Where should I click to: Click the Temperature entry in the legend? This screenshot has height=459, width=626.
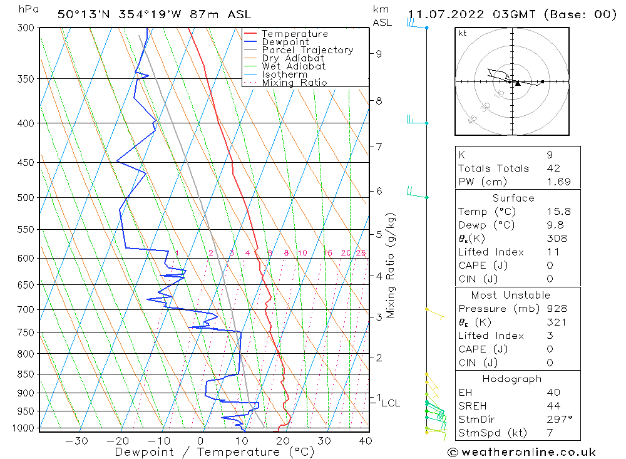(294, 34)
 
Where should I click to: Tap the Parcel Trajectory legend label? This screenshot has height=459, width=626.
(307, 50)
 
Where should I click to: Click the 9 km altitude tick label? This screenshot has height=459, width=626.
(379, 54)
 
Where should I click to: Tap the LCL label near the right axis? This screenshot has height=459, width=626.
(391, 403)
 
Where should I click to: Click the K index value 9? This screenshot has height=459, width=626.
(549, 155)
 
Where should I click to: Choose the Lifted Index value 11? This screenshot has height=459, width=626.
(552, 252)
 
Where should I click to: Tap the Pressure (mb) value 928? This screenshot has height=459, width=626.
(556, 309)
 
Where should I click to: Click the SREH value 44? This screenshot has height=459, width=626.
(552, 406)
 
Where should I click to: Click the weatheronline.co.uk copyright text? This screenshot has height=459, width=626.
(521, 452)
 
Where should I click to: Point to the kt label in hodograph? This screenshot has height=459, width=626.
(463, 33)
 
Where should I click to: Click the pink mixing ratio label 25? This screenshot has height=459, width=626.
(361, 253)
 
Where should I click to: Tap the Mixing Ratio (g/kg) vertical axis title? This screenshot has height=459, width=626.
(391, 265)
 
